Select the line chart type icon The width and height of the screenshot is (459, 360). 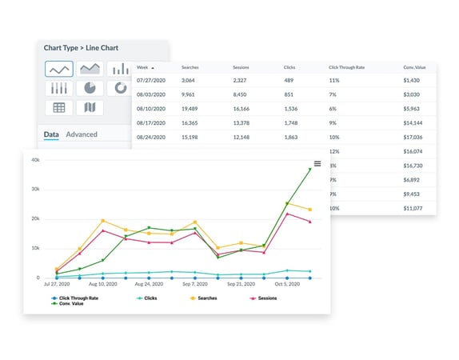(58, 69)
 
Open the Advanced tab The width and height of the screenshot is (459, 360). (82, 134)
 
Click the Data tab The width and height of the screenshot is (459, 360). (51, 134)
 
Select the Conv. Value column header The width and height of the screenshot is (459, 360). (413, 68)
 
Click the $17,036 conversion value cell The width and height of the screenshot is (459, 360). (414, 136)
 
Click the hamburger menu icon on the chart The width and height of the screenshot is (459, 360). (317, 164)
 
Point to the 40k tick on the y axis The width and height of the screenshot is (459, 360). (34, 160)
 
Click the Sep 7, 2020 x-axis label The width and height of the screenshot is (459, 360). (195, 285)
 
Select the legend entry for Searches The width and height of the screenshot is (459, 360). (206, 298)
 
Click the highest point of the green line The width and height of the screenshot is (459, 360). (309, 170)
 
